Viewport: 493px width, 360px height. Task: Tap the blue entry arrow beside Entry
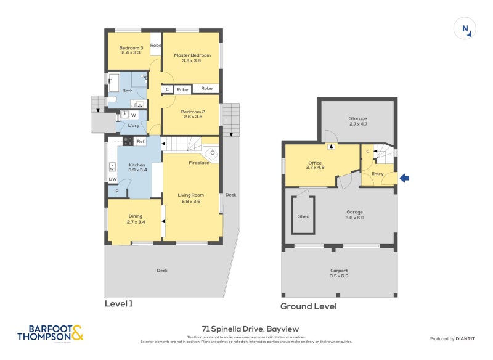coord(405,178)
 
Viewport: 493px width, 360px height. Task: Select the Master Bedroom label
coord(192,59)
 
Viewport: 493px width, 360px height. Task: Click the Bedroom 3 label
coord(131,51)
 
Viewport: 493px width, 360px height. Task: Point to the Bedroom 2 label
coord(192,115)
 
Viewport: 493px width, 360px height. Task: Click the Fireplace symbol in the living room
coord(211,153)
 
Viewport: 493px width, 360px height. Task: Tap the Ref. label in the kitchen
coord(141,142)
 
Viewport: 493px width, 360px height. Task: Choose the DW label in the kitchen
coord(113,179)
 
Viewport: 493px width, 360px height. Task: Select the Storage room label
coord(358,121)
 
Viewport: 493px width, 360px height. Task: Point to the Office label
coord(314,165)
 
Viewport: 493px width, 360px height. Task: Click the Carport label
coord(339,273)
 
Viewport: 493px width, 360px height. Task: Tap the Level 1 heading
coord(119,304)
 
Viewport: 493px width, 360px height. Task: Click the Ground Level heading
coord(308,306)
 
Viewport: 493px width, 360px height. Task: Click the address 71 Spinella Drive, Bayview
coord(246,329)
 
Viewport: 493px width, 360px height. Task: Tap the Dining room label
coord(135,218)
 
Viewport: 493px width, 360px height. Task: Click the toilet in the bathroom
coord(112,100)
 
